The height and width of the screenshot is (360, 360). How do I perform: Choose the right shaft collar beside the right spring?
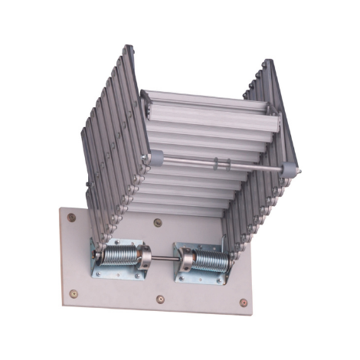tap(185, 259)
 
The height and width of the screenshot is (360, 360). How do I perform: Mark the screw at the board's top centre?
tap(158, 224)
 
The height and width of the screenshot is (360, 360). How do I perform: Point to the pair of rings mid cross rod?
tap(221, 163)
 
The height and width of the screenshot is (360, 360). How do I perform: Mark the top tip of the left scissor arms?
tap(126, 47)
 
